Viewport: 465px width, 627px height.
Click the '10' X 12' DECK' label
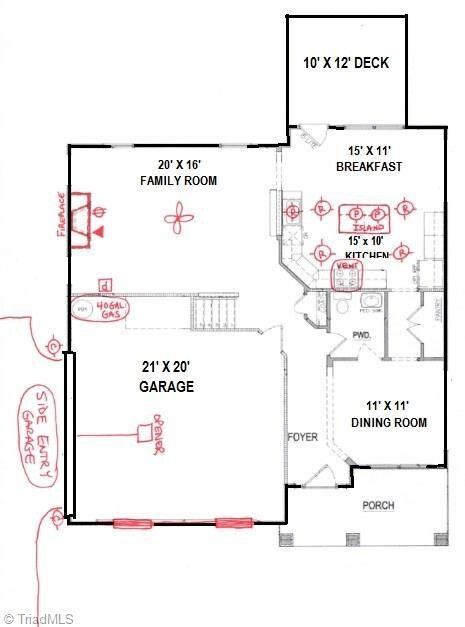pyautogui.click(x=346, y=64)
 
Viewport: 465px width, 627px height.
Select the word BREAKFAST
pyautogui.click(x=369, y=167)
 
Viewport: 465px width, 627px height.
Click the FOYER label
pyautogui.click(x=303, y=438)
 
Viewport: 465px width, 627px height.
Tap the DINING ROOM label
pyautogui.click(x=384, y=415)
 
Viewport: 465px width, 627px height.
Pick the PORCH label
pyautogui.click(x=378, y=506)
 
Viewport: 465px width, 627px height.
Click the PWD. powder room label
pyautogui.click(x=362, y=335)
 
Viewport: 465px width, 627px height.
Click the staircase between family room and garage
pyautogui.click(x=216, y=314)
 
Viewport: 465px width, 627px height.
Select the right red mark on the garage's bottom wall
pyautogui.click(x=233, y=522)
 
